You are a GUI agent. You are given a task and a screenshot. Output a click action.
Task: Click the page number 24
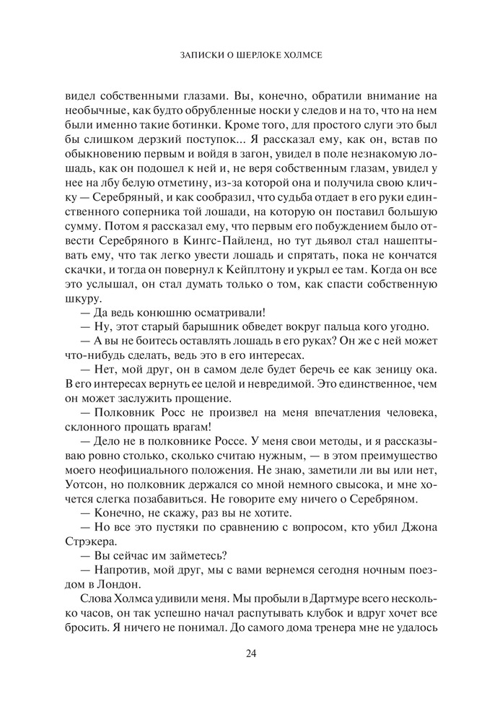pyautogui.click(x=250, y=654)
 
